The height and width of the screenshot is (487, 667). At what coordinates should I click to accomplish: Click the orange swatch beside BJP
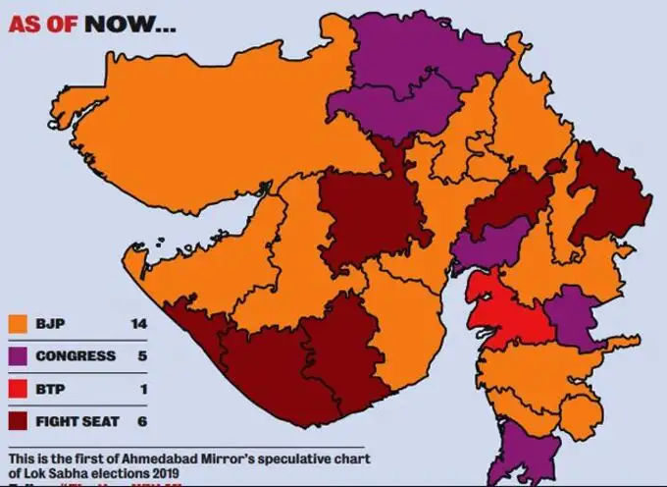(x=18, y=323)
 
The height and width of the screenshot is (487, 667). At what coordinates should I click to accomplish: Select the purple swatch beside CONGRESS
(x=18, y=355)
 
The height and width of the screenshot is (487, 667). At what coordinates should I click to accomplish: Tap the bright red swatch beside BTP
(x=18, y=388)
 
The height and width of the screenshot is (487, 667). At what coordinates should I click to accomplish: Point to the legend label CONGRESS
(x=77, y=355)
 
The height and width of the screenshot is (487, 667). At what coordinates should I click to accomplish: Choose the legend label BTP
(x=50, y=388)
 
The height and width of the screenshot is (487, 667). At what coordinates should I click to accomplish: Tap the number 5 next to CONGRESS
(x=142, y=355)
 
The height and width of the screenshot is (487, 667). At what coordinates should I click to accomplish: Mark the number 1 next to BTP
(x=143, y=388)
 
